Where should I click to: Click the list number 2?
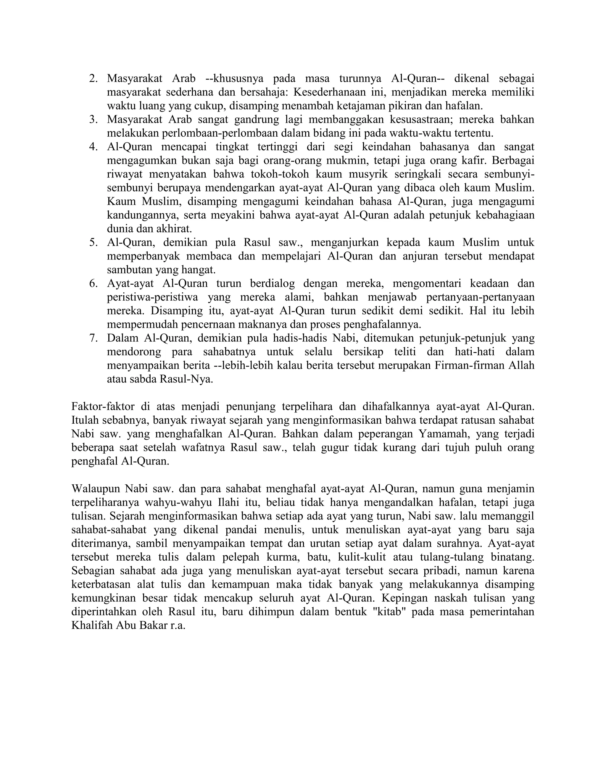coord(93,79)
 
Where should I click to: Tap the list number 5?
coord(93,243)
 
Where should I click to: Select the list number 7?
coord(93,338)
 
